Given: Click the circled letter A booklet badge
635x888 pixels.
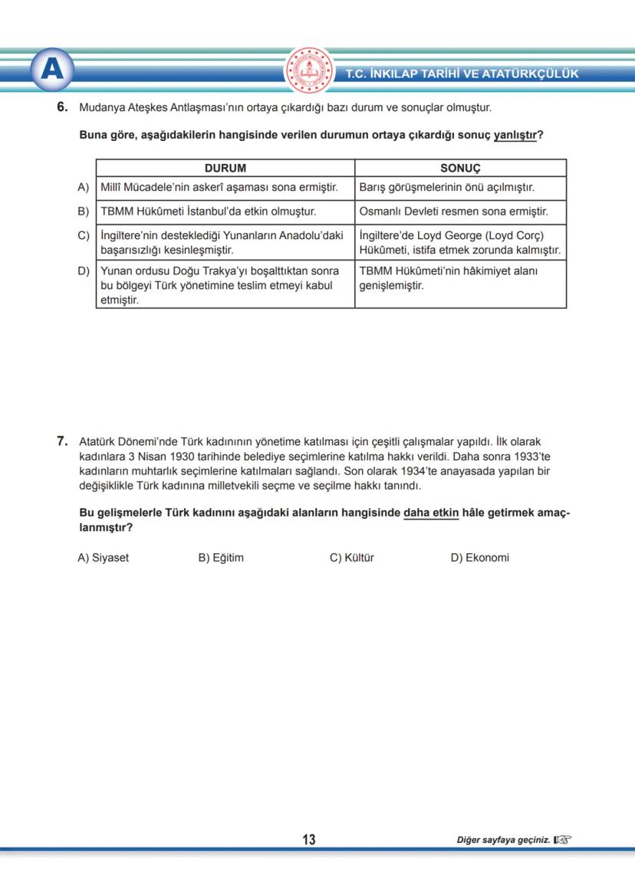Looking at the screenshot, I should tap(52, 70).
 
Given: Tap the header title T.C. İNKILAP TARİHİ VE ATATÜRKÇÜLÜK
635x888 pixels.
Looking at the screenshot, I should tap(462, 74).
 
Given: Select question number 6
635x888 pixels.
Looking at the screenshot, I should tap(63, 108).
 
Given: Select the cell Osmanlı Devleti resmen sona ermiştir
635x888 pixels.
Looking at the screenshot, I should tap(453, 211).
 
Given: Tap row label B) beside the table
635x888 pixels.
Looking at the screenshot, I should tap(84, 211).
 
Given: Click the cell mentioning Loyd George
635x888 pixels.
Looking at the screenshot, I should tap(459, 243).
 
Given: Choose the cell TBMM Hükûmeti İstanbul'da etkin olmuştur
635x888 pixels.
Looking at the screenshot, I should tap(209, 211).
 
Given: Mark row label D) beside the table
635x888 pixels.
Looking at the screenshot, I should tap(84, 271).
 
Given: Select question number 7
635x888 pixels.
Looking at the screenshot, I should tap(63, 441).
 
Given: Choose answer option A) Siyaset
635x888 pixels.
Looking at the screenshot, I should tap(104, 558).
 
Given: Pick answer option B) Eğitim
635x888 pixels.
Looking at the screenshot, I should tap(221, 558).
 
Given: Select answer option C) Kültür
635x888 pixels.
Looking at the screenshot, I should tap(352, 558).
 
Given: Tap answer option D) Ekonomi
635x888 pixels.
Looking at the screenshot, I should tap(479, 558).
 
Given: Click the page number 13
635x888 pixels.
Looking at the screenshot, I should tap(309, 840).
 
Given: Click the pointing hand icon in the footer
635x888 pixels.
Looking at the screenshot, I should tap(563, 840).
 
